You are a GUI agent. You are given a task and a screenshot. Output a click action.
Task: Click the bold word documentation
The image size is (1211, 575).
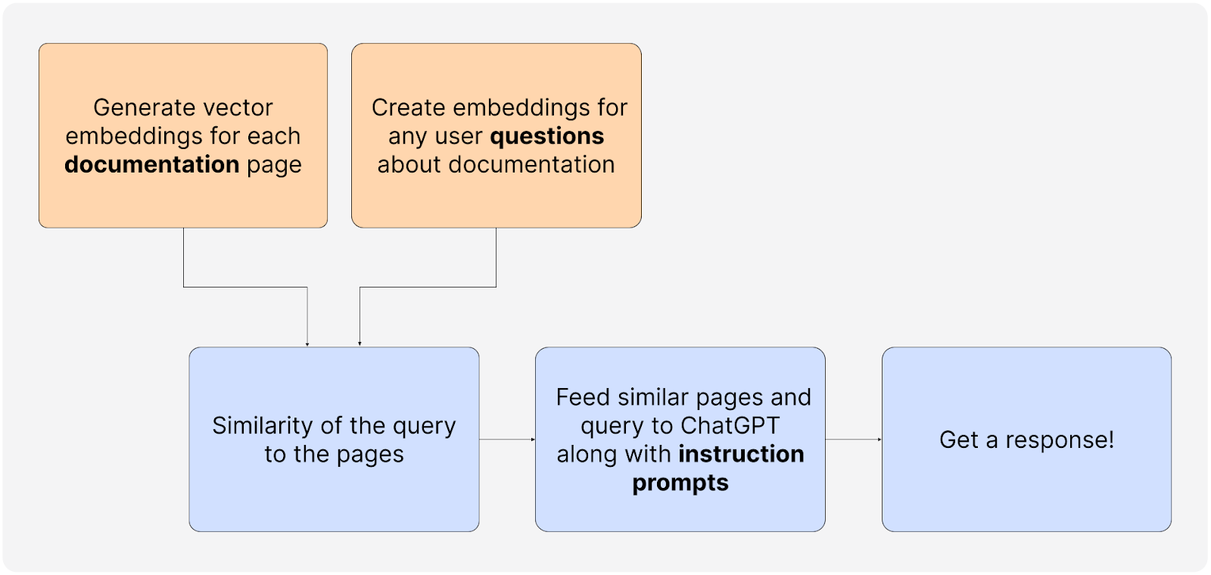(151, 164)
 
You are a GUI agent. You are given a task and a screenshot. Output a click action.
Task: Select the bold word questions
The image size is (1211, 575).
(546, 136)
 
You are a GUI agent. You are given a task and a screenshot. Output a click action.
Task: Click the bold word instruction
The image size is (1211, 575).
(741, 454)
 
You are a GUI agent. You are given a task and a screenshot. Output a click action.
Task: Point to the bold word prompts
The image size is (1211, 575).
(680, 483)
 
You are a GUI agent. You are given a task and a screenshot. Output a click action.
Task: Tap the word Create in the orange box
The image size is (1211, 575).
(408, 107)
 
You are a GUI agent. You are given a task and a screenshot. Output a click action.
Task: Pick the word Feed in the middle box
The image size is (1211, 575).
(583, 397)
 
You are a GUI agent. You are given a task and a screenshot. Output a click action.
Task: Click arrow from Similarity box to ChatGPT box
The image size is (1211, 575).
(507, 439)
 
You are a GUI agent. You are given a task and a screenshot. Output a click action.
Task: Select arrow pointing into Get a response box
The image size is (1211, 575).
(854, 439)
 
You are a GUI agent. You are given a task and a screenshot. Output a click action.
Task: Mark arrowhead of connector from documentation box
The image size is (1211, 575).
(307, 344)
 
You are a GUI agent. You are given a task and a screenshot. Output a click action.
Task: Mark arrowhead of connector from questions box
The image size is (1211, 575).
(360, 344)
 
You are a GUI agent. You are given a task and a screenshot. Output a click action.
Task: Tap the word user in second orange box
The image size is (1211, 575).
(459, 136)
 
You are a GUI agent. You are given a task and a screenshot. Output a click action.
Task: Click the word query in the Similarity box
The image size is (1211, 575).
(425, 425)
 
